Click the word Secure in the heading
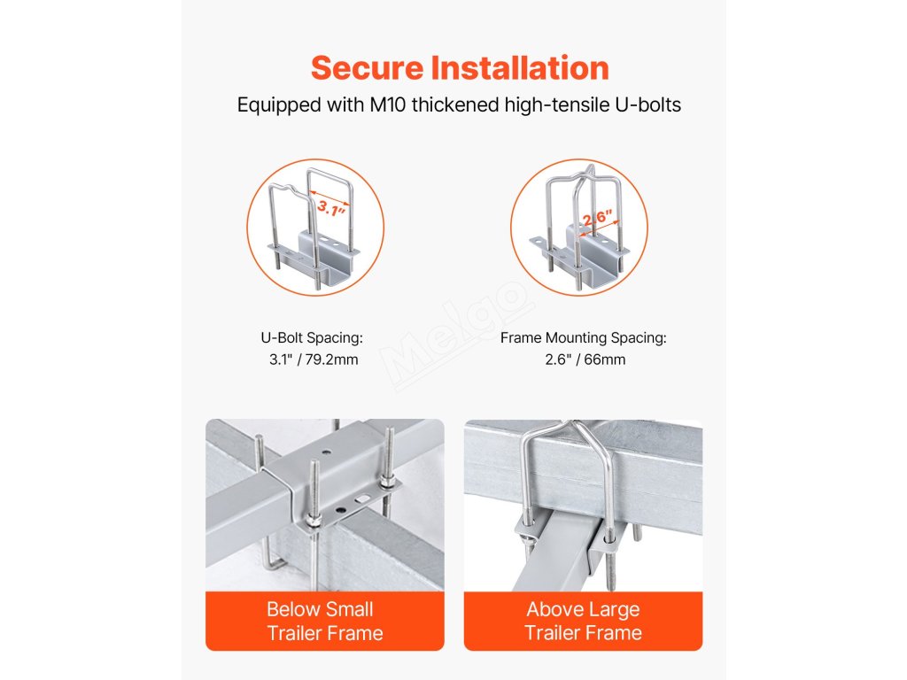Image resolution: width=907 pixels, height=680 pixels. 368,68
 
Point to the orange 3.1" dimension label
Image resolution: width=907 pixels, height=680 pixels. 331,207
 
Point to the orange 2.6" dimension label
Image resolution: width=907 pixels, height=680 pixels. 597,218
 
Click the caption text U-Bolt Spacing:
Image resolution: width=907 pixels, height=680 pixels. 312,337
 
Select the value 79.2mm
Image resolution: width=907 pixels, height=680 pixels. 331,359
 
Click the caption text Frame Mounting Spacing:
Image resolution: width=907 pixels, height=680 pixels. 583,337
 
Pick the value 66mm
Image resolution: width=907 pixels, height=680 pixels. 604,359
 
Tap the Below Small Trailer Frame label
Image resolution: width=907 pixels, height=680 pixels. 324,621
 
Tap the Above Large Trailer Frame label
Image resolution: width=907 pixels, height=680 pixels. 583,621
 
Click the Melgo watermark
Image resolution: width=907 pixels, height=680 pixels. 457,336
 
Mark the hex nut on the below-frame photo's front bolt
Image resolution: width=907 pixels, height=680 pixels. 312,521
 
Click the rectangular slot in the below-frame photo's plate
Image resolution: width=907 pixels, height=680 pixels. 361,498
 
